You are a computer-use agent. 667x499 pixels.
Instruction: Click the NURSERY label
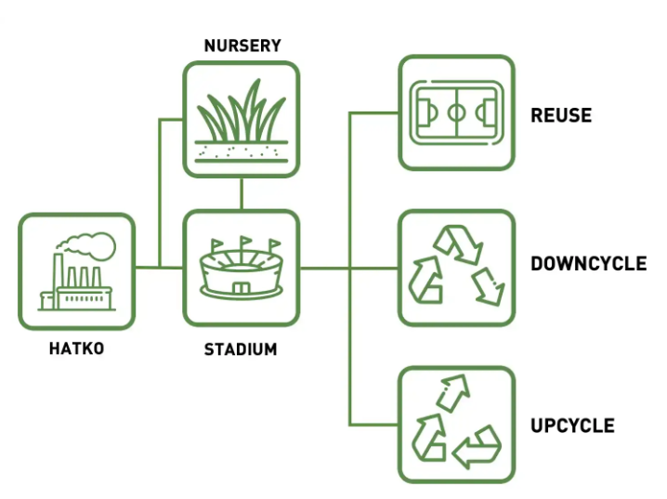(x=242, y=45)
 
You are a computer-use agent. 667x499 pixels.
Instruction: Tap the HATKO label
(x=76, y=349)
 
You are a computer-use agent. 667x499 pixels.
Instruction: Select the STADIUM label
(x=241, y=349)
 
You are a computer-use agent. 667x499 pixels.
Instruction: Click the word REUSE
(x=561, y=116)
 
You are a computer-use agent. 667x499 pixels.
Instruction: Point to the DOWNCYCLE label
(x=588, y=264)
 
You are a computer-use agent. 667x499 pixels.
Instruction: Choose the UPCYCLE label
(x=572, y=426)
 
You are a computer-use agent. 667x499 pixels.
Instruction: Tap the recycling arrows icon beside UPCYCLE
(x=456, y=424)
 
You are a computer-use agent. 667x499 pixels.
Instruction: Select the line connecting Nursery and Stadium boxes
(x=242, y=193)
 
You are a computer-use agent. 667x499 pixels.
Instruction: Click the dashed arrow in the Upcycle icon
(x=452, y=392)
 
